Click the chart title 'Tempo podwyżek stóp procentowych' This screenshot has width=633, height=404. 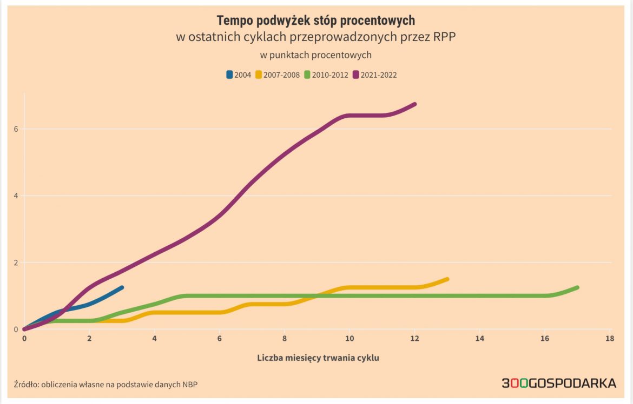click(316, 21)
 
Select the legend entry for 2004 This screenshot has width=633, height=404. click(239, 75)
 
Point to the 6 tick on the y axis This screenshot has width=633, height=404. click(17, 129)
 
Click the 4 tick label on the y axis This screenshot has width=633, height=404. click(17, 196)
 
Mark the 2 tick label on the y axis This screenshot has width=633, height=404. click(17, 262)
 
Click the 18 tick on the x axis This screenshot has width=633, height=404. click(610, 339)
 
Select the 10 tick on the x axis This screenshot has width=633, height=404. click(350, 339)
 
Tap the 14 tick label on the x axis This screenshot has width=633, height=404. click(479, 339)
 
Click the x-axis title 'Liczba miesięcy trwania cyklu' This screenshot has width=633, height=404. click(318, 358)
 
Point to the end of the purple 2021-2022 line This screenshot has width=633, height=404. click(414, 104)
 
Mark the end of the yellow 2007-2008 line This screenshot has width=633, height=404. click(447, 279)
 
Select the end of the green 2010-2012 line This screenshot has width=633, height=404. click(577, 287)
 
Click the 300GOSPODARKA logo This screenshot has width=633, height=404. click(558, 383)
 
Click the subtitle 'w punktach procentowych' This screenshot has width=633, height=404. click(316, 55)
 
